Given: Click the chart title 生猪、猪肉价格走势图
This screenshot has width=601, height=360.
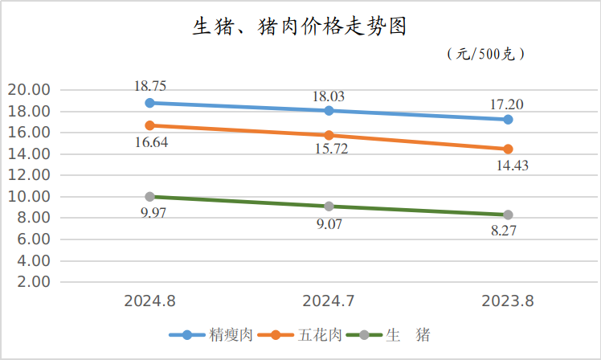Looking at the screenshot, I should pyautogui.click(x=299, y=27).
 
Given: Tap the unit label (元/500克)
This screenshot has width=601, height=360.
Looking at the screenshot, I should pyautogui.click(x=485, y=54).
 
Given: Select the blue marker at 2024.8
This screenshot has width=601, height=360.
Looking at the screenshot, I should pyautogui.click(x=150, y=103).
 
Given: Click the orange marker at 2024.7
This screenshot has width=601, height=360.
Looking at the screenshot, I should pyautogui.click(x=329, y=135).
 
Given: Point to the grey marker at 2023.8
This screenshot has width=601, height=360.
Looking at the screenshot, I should pyautogui.click(x=508, y=215).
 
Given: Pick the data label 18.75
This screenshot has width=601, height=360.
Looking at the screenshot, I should pyautogui.click(x=150, y=85).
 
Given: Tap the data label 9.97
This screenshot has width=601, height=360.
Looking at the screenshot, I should pyautogui.click(x=150, y=215).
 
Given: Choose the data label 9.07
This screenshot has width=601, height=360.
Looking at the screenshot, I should pyautogui.click(x=329, y=224).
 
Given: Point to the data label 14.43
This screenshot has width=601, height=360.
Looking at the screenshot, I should pyautogui.click(x=508, y=166).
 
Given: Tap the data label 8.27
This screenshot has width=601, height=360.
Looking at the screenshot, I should pyautogui.click(x=508, y=231).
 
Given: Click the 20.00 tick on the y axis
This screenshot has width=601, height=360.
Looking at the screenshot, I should pyautogui.click(x=28, y=89).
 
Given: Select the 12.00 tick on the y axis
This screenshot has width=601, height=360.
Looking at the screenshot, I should pyautogui.click(x=28, y=175).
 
